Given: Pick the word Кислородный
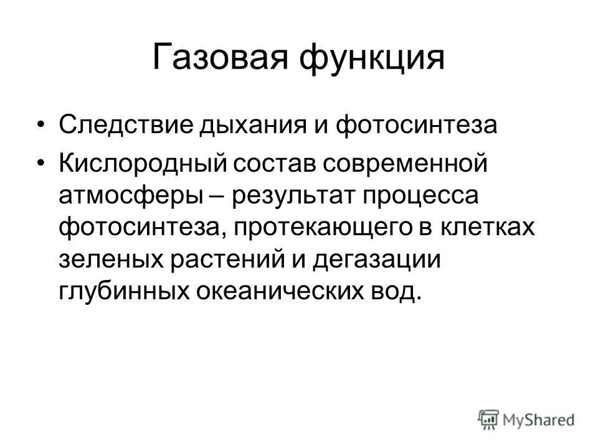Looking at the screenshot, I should click(x=141, y=164).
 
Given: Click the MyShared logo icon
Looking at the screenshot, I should click(x=489, y=419).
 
